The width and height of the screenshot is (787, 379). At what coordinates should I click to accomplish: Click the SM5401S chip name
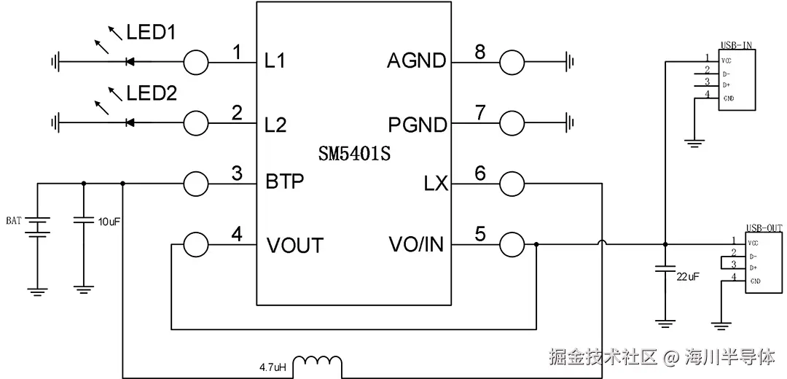354,155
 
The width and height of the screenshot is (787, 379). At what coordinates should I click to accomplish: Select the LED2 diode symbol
130,122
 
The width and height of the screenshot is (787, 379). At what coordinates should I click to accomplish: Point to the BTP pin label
284,181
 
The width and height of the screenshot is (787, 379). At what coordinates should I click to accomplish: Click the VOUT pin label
294,245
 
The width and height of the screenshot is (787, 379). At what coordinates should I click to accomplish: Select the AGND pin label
416,61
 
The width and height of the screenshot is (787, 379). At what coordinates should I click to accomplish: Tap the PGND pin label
417,125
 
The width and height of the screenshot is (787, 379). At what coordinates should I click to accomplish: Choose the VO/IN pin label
417,245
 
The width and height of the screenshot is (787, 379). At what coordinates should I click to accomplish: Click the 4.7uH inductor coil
321,362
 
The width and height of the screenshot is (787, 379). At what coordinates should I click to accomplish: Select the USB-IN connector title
736,45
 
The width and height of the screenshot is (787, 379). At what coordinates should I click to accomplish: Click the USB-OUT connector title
764,228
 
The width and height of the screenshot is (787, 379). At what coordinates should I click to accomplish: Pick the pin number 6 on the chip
479,173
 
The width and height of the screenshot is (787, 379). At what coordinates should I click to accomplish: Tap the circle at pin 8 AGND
512,63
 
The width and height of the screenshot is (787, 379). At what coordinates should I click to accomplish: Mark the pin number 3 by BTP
236,173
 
